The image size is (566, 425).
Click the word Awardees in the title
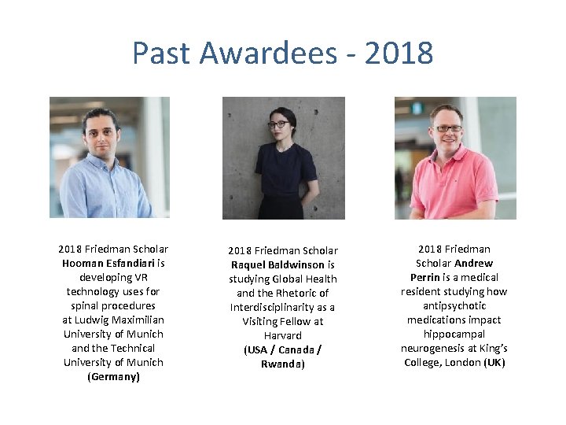(267, 54)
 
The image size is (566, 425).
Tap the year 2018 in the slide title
(399, 54)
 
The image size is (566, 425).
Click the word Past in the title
(161, 54)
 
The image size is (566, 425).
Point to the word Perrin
(427, 277)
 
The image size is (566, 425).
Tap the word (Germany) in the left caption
(113, 376)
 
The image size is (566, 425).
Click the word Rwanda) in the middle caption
(283, 364)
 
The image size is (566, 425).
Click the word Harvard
(283, 335)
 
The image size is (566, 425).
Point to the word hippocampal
(454, 334)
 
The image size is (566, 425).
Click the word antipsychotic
(454, 305)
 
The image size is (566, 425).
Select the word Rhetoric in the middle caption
(293, 293)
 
